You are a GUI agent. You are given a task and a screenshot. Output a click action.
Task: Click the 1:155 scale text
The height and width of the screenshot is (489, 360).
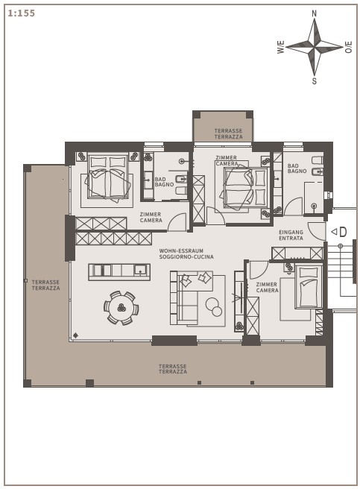click(21, 13)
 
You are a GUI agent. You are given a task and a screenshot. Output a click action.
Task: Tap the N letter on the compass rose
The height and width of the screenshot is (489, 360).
click(314, 13)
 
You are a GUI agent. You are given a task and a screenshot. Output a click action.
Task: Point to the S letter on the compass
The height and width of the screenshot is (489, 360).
click(314, 81)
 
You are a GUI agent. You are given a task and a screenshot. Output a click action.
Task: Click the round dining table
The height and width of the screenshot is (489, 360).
click(121, 308)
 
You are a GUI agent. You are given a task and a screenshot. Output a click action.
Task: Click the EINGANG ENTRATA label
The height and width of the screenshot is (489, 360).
click(291, 235)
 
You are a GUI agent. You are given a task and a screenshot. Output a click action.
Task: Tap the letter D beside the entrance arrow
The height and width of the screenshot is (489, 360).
click(343, 232)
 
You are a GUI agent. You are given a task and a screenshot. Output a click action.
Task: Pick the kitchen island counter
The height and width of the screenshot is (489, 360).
click(119, 272)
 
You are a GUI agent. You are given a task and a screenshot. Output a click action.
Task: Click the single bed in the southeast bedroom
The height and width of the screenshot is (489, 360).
click(309, 286)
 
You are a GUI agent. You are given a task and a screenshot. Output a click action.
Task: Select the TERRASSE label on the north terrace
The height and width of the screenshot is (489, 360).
click(228, 130)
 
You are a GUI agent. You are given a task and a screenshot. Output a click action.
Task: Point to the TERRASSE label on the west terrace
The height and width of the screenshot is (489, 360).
click(45, 282)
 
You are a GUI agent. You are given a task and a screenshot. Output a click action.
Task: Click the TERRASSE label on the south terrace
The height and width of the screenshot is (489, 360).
click(172, 366)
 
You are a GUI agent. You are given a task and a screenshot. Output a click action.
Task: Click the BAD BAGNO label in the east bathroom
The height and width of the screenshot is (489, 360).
click(297, 168)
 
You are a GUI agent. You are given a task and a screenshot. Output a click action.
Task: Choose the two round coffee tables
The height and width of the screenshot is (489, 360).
click(214, 307)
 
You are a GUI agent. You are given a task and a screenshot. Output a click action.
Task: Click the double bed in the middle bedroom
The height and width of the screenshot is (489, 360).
click(244, 187)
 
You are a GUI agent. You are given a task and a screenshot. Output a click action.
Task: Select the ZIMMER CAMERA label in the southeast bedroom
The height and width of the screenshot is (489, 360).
click(267, 287)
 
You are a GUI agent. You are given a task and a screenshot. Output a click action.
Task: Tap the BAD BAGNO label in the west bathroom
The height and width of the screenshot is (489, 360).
click(164, 182)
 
